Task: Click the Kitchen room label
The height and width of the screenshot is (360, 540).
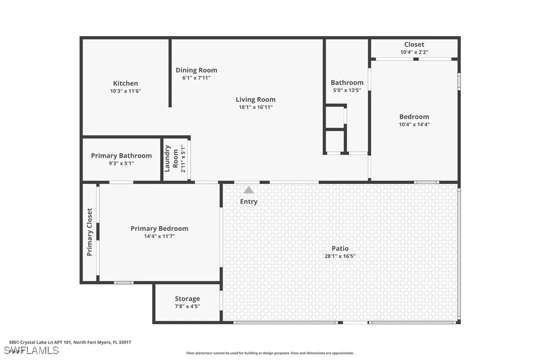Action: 125,84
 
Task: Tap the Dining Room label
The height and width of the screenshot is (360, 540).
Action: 196,70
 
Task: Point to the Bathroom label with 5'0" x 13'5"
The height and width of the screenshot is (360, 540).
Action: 347,83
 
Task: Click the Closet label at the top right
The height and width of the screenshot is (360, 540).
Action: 414,45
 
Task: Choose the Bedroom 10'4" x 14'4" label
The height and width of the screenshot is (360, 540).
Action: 414,117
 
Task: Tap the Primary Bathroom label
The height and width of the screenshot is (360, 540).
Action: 121,156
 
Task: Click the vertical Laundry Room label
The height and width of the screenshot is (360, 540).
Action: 172,159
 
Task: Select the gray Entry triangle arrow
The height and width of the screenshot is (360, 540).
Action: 249,190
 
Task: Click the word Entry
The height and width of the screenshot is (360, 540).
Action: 249,201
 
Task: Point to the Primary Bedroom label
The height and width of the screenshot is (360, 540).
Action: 160,229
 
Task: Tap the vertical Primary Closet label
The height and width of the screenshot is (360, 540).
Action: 90,232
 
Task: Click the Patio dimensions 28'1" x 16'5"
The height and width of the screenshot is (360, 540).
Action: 340,257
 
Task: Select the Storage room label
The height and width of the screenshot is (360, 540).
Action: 187,299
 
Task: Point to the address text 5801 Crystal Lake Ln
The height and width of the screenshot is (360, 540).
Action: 70,342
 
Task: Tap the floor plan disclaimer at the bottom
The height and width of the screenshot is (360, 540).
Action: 270,353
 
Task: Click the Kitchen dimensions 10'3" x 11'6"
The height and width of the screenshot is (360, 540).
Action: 125,91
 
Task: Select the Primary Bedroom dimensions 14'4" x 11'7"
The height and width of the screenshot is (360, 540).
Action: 160,237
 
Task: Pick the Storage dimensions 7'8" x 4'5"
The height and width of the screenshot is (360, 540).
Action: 187,307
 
